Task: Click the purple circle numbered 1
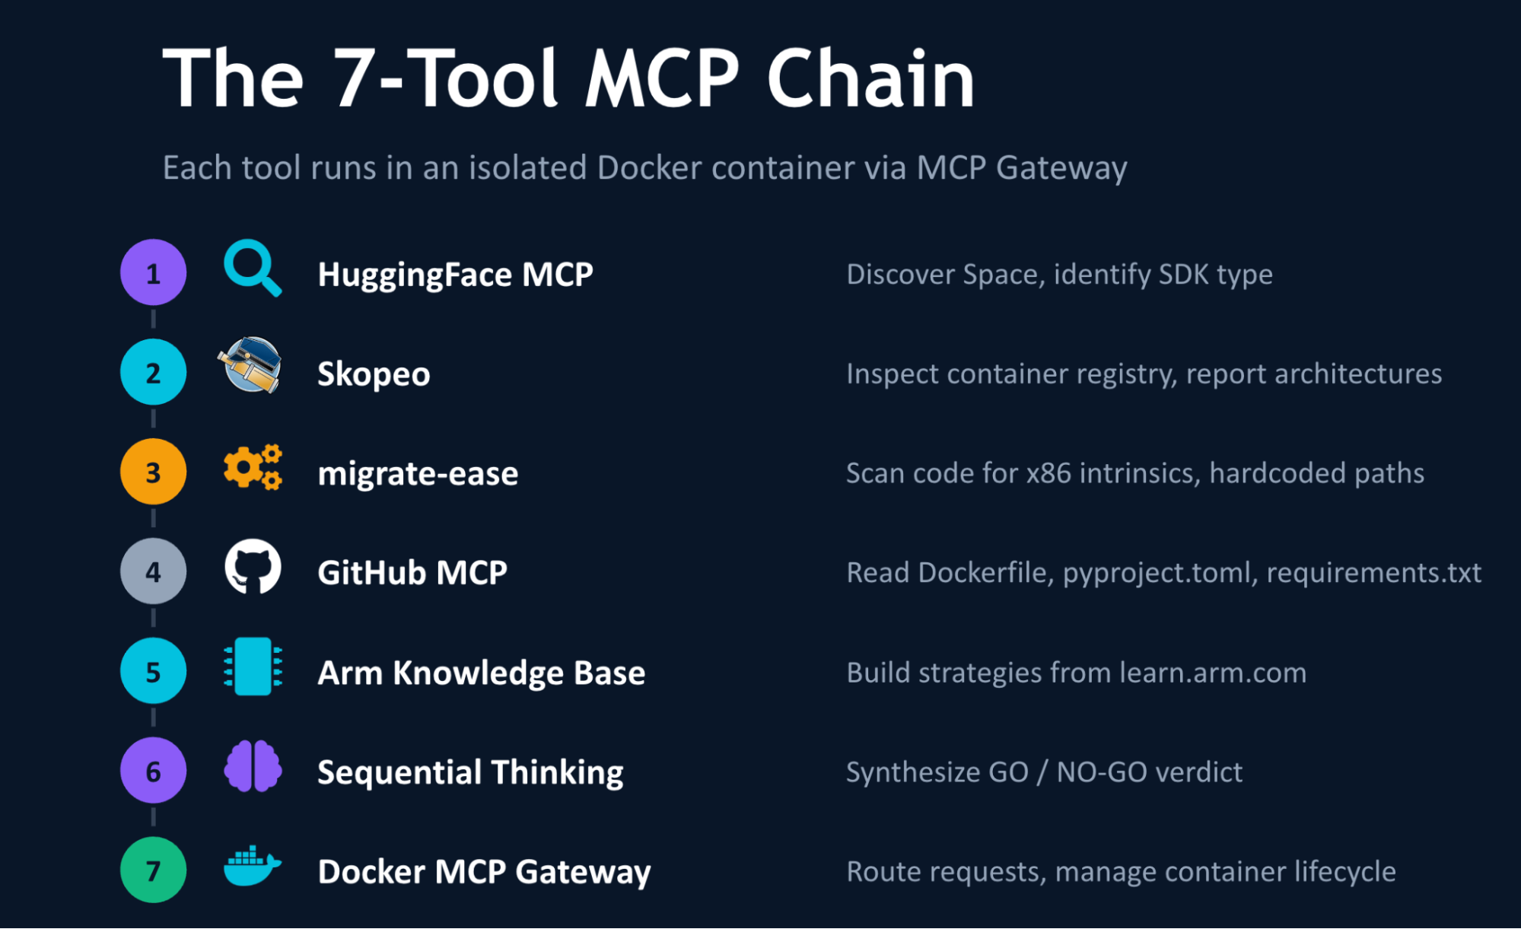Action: [x=153, y=272]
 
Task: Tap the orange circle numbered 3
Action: [x=153, y=472]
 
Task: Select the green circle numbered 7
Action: [x=153, y=870]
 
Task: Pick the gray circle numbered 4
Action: [x=153, y=571]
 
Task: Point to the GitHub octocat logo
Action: [x=253, y=567]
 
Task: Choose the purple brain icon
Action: [x=253, y=766]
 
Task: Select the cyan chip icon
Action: [x=253, y=667]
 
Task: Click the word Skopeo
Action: [x=374, y=374]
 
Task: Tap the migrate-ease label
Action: [x=418, y=473]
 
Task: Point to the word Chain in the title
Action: [x=870, y=78]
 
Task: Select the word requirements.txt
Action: [x=1373, y=572]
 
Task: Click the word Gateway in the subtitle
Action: [x=1061, y=168]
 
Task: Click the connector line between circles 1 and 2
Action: [x=153, y=319]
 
